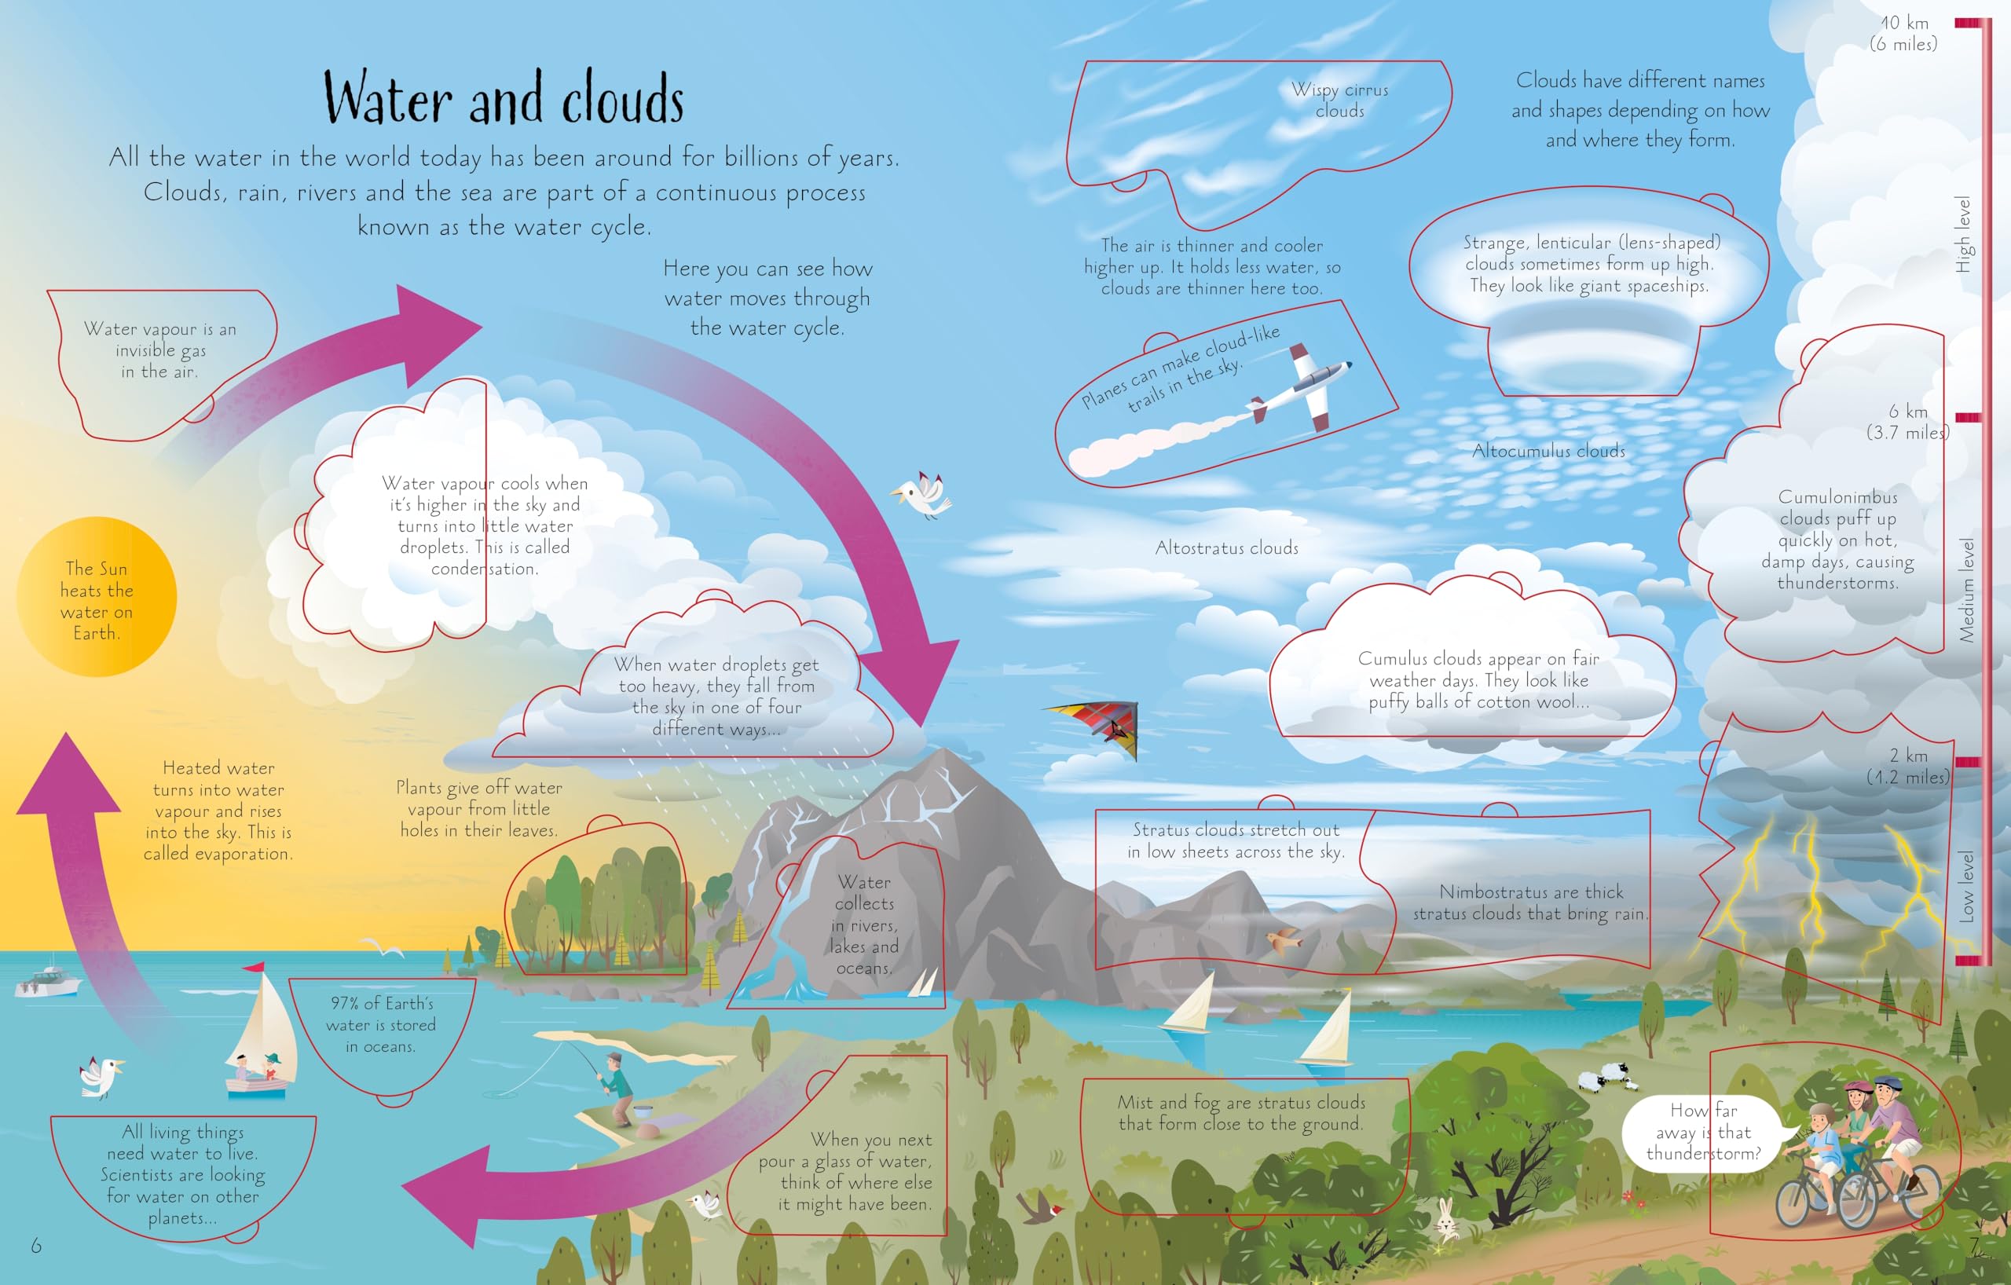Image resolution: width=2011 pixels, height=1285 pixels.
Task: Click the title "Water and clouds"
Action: (504, 98)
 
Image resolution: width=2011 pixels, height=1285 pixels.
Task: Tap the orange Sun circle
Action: (97, 597)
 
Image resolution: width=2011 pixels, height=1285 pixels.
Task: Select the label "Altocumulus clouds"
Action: (1548, 452)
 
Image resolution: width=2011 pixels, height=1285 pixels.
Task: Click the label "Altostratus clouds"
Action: (1227, 548)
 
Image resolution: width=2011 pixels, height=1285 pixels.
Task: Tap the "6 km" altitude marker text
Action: (1908, 412)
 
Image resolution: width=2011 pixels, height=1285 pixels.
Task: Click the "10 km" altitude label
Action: (1905, 24)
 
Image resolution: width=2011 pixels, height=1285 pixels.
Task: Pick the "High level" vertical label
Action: (1963, 235)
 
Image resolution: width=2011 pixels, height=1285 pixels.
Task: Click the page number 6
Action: (36, 1246)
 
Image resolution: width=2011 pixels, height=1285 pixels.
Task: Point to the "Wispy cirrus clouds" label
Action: (1339, 101)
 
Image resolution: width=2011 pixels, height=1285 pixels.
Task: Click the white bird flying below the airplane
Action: (924, 494)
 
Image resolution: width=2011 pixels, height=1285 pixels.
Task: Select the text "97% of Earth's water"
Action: (382, 1014)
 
